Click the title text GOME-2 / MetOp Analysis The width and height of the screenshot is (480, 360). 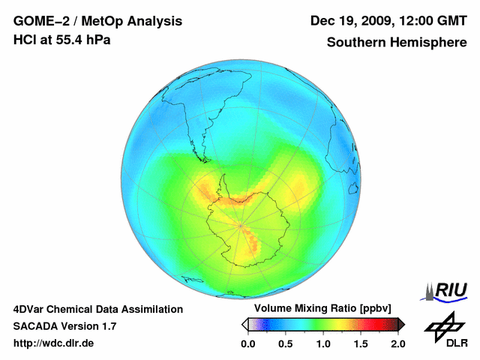point(97,21)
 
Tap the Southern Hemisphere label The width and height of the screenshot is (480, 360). point(397,43)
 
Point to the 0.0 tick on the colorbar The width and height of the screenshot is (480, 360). point(247,343)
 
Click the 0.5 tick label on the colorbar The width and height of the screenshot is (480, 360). point(285,343)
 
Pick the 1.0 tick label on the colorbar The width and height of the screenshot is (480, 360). point(322,343)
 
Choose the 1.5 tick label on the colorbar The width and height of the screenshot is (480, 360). point(360,343)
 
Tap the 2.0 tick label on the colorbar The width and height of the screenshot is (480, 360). point(397,343)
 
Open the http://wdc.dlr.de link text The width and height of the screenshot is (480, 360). point(54,343)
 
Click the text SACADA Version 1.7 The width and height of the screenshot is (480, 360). point(64,326)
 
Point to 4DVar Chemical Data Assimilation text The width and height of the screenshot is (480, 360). point(98,309)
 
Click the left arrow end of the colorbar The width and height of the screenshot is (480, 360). point(244,324)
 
